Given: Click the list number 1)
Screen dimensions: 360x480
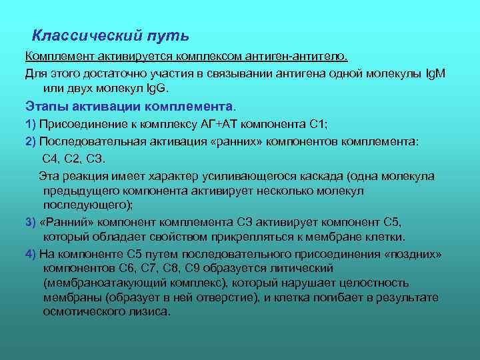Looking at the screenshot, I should pos(30,124).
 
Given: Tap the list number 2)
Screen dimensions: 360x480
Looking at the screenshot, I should pos(30,142).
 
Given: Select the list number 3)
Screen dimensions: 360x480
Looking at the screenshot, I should pos(30,222).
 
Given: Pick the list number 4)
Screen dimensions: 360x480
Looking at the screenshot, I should pos(30,253).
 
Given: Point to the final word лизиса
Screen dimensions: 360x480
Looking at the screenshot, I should pos(150,312).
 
